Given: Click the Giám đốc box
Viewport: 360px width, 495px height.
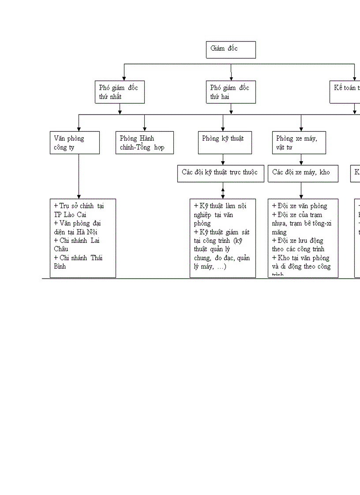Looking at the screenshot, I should (231, 49).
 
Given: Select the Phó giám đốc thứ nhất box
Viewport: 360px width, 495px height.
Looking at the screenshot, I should (120, 92).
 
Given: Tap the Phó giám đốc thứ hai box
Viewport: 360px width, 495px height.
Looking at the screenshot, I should (231, 92).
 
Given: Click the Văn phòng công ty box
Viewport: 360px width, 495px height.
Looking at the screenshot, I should (75, 142).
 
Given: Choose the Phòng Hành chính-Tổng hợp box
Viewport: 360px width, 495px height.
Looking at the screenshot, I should (144, 142).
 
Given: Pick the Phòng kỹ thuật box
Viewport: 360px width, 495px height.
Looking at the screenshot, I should (225, 142).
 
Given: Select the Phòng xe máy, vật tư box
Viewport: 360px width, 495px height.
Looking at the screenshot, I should (301, 142).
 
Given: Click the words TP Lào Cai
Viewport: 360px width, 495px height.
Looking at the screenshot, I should (70, 215).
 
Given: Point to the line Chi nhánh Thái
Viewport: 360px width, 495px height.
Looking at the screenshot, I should (78, 258).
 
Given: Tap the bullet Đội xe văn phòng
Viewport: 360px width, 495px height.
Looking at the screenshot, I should (300, 206).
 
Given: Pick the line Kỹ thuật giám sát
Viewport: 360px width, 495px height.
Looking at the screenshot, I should (221, 232).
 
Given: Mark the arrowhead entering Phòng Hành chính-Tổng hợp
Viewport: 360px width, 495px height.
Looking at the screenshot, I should (144, 129).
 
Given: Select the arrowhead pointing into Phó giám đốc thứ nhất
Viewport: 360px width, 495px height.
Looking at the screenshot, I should (124, 78).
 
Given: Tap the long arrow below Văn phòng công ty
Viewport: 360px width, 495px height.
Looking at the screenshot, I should (79, 176).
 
